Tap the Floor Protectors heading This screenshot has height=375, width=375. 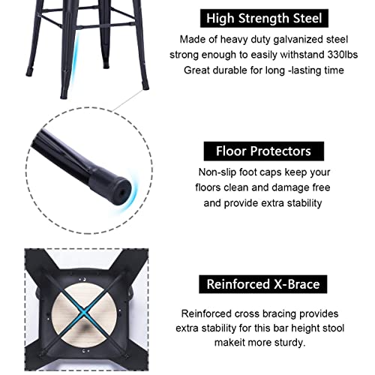tap(263, 151)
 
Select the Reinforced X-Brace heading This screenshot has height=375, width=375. tap(263, 285)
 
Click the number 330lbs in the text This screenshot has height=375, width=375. tap(344, 54)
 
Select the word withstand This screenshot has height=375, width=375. tap(314, 54)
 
